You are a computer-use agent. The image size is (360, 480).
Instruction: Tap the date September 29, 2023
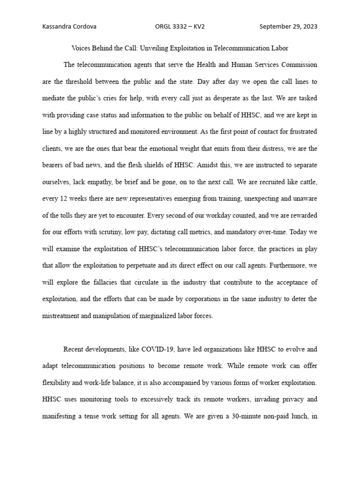tap(288, 27)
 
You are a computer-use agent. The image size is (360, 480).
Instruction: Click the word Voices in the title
tap(81, 48)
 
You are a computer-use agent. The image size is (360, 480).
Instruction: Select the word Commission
tap(300, 65)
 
